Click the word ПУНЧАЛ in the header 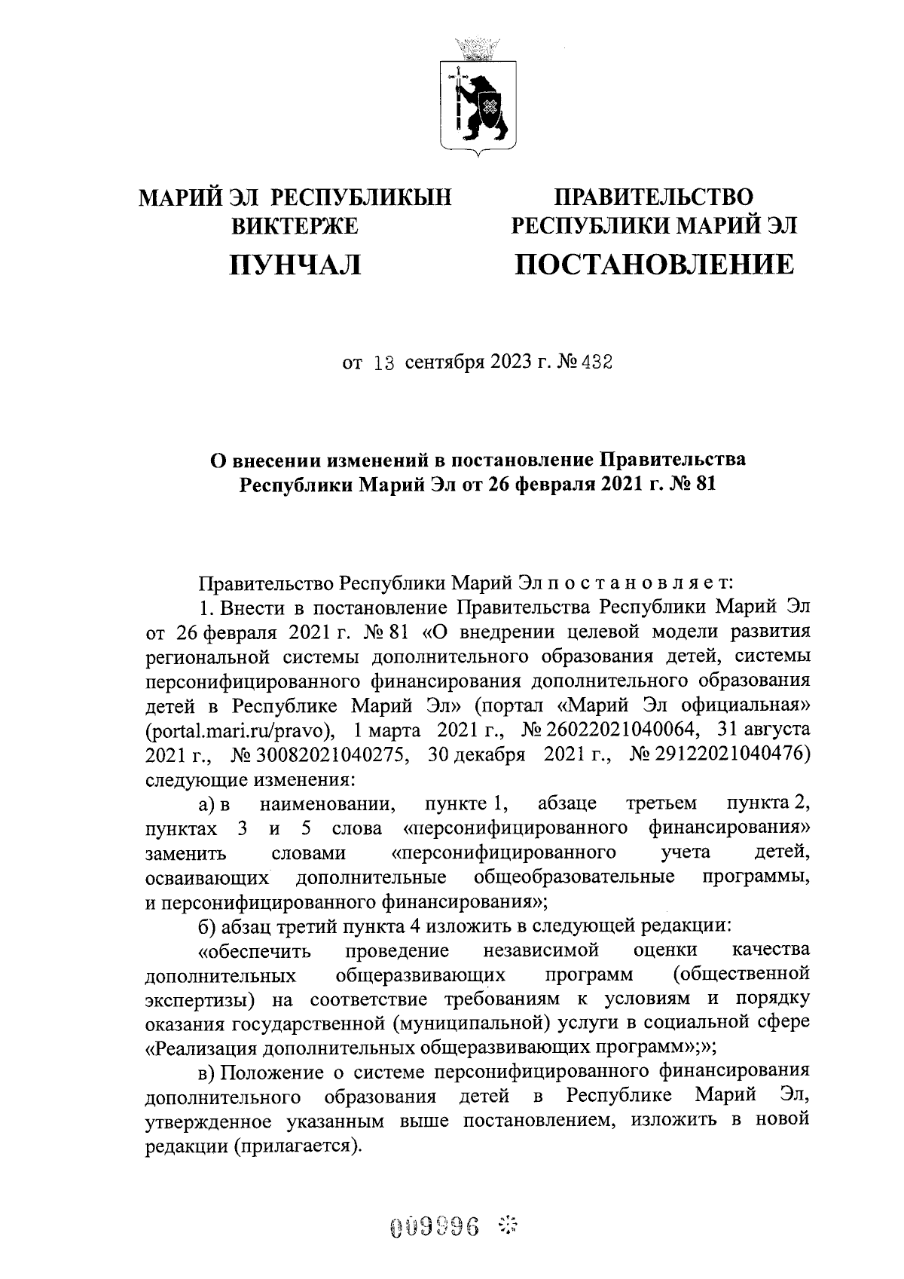[x=295, y=264]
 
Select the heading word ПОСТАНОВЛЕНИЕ [x=654, y=264]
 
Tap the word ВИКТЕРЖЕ [x=295, y=225]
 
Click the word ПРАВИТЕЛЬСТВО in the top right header [x=654, y=197]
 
